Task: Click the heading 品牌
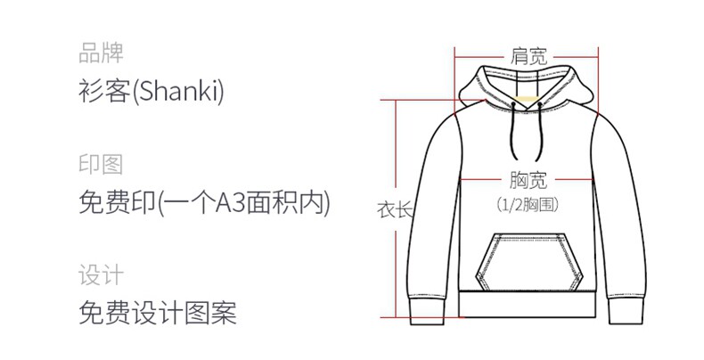click(101, 53)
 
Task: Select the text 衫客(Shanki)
click(151, 91)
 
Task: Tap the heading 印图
click(101, 165)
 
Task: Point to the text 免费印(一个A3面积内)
click(204, 204)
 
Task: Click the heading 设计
click(101, 275)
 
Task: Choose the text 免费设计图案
click(158, 314)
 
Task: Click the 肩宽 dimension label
click(528, 58)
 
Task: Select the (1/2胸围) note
click(528, 205)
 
